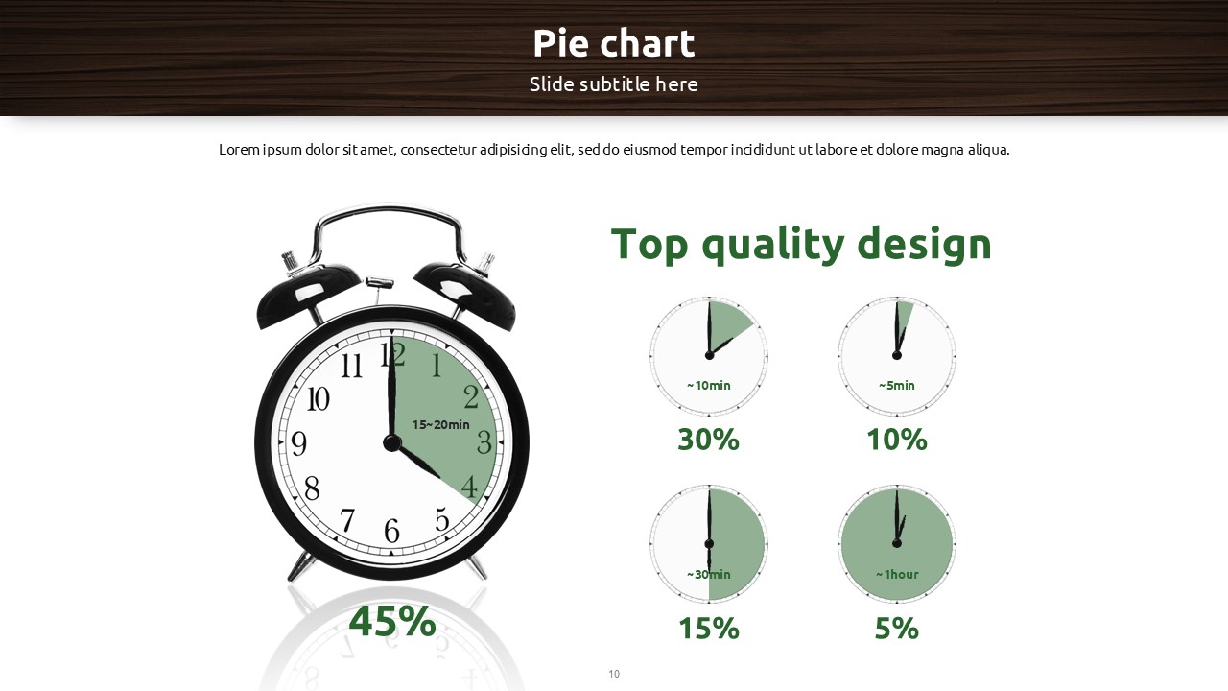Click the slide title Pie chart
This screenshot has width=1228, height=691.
[x=613, y=43]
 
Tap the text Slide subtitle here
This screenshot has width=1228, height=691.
[x=613, y=83]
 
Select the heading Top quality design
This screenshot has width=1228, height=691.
[x=801, y=244]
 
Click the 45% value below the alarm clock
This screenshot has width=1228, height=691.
[x=392, y=621]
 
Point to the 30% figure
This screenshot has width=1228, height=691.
[x=708, y=440]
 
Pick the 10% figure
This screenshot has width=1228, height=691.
[x=897, y=440]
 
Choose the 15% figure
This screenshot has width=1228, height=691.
[x=708, y=628]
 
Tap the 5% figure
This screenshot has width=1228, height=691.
[x=897, y=628]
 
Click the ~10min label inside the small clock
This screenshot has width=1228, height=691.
[x=708, y=386]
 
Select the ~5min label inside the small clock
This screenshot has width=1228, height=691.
[x=897, y=386]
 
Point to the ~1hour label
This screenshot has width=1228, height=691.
[x=897, y=574]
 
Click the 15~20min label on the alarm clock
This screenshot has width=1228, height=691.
[x=440, y=424]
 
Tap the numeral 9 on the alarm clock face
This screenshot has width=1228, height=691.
[x=298, y=443]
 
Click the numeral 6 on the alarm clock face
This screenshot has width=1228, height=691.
[x=391, y=531]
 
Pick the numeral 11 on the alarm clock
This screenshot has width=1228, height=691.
[x=351, y=366]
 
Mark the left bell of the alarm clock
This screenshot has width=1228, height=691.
[x=307, y=294]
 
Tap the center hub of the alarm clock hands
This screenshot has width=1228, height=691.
[x=392, y=442]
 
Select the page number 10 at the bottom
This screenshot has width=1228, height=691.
[x=614, y=674]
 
